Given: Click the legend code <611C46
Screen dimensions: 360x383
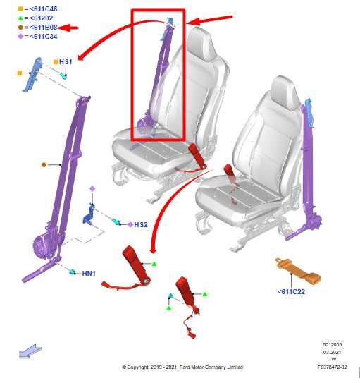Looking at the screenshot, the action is pos(44,9).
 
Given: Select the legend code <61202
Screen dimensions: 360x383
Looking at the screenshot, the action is pos(42,18).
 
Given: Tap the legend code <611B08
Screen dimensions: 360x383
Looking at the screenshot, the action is pos(44,27).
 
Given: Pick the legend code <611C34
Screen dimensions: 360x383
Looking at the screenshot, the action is pos(44,37).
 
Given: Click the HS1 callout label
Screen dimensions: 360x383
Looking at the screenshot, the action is pos(66,62).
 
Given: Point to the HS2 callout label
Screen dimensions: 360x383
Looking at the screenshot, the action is pos(141,224).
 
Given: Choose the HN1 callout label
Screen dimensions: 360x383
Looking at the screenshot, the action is pos(89,274).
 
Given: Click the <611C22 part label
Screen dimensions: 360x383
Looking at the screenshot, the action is pos(291,291).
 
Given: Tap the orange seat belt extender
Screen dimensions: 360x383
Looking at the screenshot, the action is pos(298,271).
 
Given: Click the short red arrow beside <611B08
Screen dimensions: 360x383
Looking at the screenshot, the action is pos(68,28).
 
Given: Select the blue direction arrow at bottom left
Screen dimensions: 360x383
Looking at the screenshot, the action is pos(30,351).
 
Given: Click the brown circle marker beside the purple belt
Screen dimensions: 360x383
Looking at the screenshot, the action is pos(44,165).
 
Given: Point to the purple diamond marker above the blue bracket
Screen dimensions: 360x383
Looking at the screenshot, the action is pos(92,188).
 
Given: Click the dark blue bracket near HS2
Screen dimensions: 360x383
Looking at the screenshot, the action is pos(89,215).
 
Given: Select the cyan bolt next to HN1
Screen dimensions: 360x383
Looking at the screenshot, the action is pos(72,272).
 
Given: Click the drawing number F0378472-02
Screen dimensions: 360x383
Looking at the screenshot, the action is pos(333,367).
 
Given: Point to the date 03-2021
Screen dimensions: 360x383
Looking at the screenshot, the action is pos(333,352).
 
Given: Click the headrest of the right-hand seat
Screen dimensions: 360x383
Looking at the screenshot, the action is pos(285,92).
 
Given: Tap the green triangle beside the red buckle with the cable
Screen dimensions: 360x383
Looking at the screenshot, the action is pos(205,294).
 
